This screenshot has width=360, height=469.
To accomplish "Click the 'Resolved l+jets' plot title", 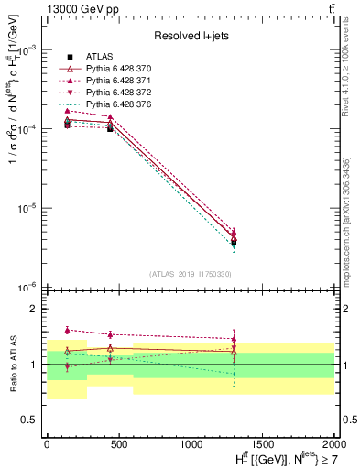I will [x=190, y=37].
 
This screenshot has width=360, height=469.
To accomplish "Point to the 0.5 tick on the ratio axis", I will [x=29, y=420].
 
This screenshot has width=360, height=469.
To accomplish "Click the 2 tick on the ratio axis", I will [x=33, y=310].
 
